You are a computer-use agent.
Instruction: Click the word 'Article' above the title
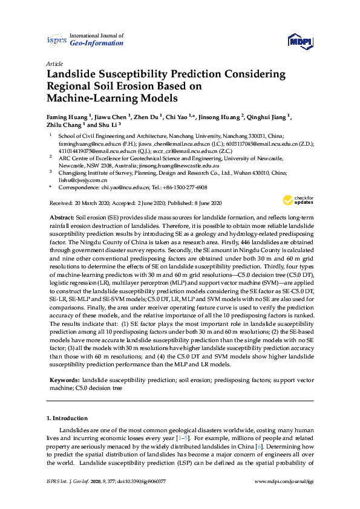click(x=54, y=63)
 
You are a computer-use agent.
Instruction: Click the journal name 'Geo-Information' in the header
click(x=96, y=44)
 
